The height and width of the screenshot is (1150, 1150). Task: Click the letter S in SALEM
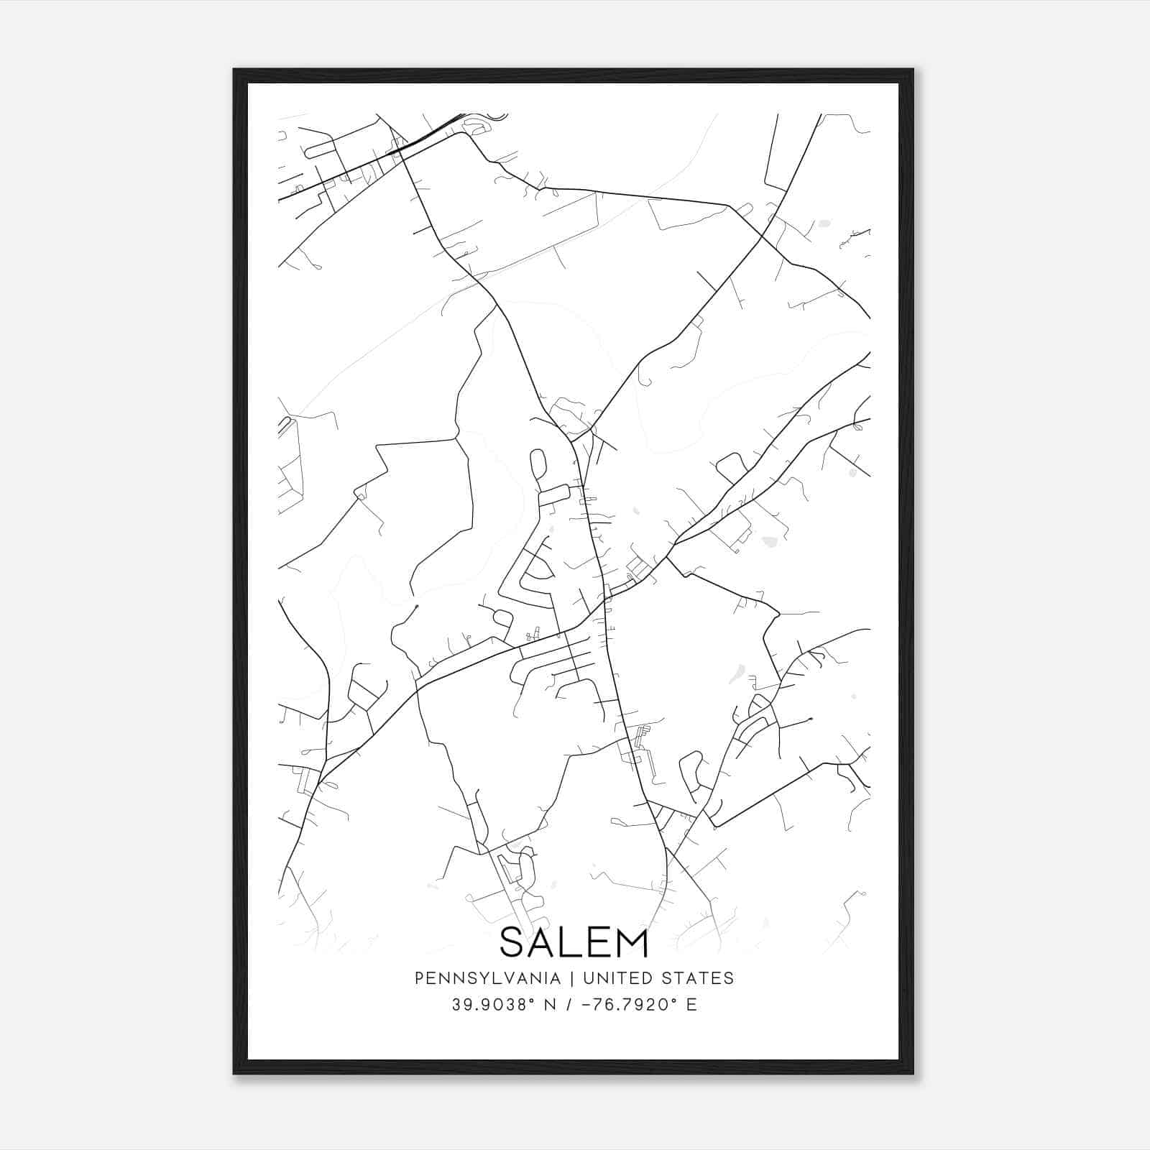(x=514, y=942)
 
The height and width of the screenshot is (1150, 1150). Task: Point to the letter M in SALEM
(x=630, y=942)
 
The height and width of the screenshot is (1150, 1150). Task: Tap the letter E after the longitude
(x=691, y=1005)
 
